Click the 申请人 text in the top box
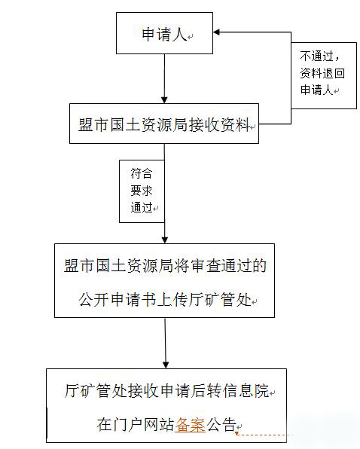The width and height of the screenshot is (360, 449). (164, 34)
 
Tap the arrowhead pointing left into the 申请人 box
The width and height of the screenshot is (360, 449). (216, 32)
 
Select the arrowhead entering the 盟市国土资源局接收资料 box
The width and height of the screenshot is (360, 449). (164, 100)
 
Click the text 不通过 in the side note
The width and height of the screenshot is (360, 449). (316, 56)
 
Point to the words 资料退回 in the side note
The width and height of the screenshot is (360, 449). (322, 73)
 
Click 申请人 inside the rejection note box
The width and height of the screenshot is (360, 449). (316, 90)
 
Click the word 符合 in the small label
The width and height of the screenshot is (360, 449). (142, 173)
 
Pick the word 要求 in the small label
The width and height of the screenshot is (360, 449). (142, 191)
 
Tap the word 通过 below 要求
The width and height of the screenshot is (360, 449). (142, 207)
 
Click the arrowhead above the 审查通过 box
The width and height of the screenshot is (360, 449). (164, 240)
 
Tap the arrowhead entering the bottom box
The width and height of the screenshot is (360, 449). (166, 365)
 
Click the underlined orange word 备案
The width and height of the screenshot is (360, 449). (191, 425)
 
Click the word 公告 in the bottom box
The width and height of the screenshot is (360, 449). (221, 425)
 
